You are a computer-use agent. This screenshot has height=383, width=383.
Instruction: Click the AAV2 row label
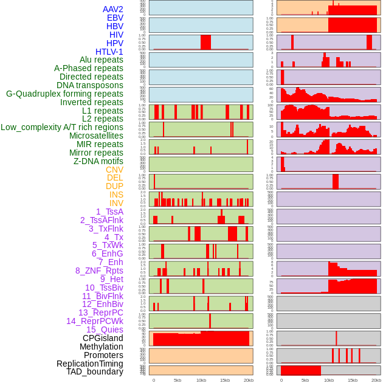pyautogui.click(x=113, y=9)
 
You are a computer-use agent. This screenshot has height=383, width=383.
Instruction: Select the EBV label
pyautogui.click(x=115, y=18)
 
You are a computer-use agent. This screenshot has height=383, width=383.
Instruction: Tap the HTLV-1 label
pyautogui.click(x=109, y=52)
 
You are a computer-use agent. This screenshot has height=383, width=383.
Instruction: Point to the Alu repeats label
pyautogui.click(x=102, y=60)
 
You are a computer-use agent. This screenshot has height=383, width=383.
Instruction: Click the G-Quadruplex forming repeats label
pyautogui.click(x=64, y=94)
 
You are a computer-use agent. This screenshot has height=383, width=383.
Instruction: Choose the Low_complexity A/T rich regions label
pyautogui.click(x=62, y=127)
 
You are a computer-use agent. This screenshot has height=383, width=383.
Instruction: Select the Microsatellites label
pyautogui.click(x=96, y=136)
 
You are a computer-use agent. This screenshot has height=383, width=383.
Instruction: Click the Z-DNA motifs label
pyautogui.click(x=98, y=161)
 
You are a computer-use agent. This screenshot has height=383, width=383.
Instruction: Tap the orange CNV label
pyautogui.click(x=114, y=170)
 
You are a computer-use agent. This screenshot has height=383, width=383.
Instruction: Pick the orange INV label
pyautogui.click(x=116, y=203)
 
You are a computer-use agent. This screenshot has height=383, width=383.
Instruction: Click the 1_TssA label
pyautogui.click(x=109, y=212)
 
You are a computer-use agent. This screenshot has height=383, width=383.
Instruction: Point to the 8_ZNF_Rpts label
pyautogui.click(x=99, y=271)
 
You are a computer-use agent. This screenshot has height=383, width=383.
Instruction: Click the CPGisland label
pyautogui.click(x=103, y=338)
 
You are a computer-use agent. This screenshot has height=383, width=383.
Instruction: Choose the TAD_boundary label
pyautogui.click(x=95, y=371)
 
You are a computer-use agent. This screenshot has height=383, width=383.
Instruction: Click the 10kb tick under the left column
pyautogui.click(x=201, y=380)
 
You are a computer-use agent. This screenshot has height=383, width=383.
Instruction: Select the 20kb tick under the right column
pyautogui.click(x=376, y=380)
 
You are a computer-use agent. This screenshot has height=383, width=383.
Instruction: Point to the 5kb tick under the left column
pyautogui.click(x=178, y=380)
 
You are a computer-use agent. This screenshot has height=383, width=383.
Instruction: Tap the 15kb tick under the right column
pyautogui.click(x=353, y=380)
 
